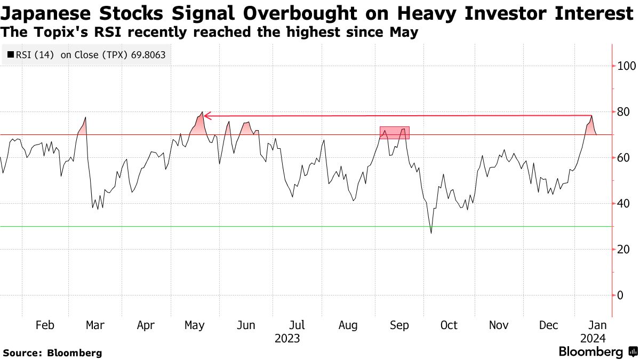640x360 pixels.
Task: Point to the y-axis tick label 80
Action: [x=622, y=112]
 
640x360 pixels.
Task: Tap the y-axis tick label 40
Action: [x=622, y=204]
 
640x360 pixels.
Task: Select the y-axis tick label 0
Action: [x=619, y=295]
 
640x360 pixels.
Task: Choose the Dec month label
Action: [x=548, y=325]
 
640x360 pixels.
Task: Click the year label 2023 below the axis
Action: [x=287, y=339]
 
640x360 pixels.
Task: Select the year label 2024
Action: [x=593, y=339]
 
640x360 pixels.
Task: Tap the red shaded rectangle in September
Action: [x=394, y=133]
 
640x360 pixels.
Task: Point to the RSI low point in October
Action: [x=431, y=233]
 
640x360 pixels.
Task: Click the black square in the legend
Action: [x=11, y=55]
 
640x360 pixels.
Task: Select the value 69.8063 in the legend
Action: [x=148, y=55]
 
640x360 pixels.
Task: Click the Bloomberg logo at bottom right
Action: [x=597, y=351]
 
